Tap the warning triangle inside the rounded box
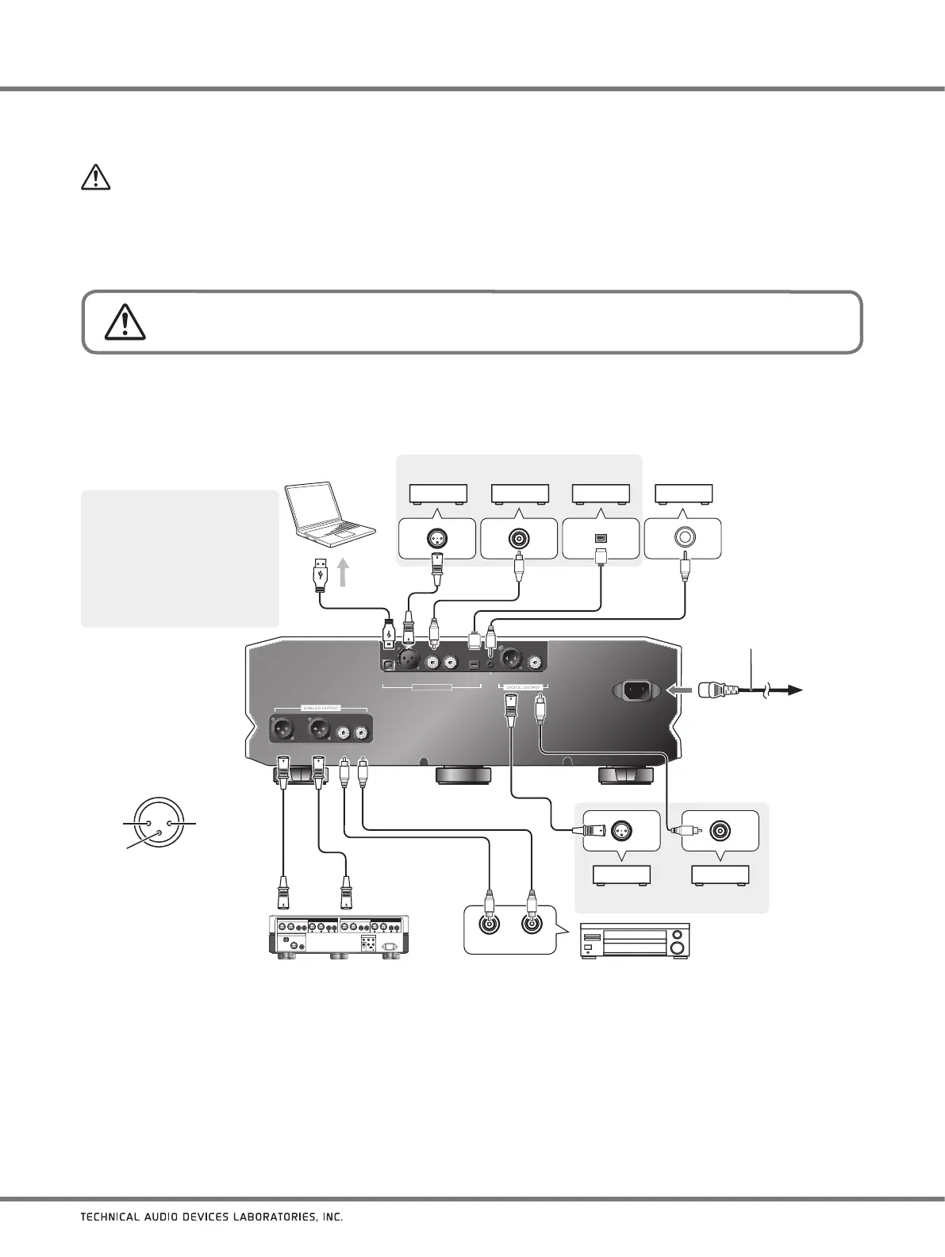[124, 321]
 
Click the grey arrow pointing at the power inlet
[679, 691]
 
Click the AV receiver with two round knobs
[636, 942]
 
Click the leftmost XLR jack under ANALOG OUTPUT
[285, 727]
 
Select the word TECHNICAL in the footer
[111, 1239]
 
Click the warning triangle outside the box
[95, 178]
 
